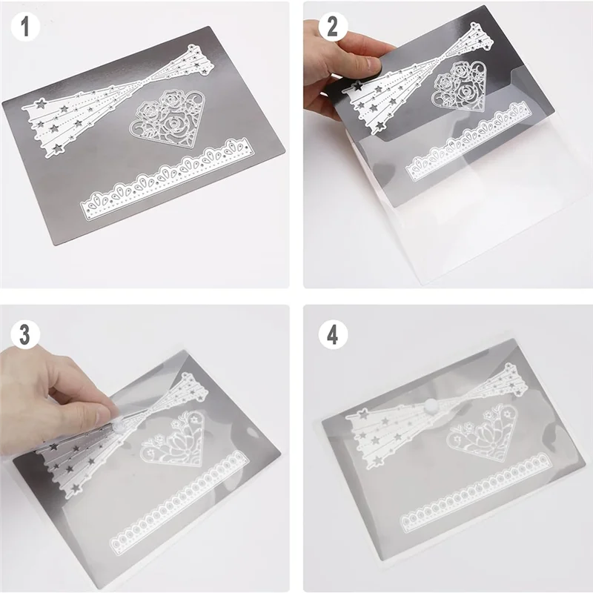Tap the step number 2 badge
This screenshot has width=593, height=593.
(332, 27)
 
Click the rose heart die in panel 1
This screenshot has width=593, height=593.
(168, 122)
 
